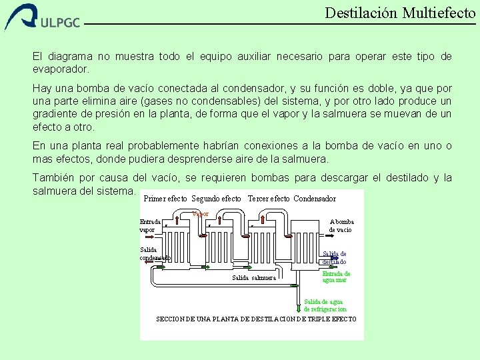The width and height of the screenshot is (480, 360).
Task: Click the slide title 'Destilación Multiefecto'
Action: tap(400, 13)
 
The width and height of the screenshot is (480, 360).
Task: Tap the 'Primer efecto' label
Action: tap(165, 199)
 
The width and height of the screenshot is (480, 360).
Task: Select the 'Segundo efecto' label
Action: tap(216, 199)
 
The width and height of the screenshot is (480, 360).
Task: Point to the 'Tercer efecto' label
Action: tap(268, 199)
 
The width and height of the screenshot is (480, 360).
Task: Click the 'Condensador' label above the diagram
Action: tap(315, 199)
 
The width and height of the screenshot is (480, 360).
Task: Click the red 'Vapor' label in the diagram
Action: tap(200, 214)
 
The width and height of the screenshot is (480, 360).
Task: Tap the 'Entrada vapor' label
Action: tap(149, 225)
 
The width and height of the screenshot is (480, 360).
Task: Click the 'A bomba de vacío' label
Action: tap(341, 225)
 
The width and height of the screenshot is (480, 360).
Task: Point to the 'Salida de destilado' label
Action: tap(334, 257)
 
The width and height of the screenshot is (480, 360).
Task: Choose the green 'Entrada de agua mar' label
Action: tap(336, 277)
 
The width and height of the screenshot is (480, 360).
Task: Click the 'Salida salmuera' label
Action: tap(253, 277)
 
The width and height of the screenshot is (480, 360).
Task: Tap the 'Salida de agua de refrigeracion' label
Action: tap(325, 305)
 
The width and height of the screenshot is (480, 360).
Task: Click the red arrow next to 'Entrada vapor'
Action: tap(175, 222)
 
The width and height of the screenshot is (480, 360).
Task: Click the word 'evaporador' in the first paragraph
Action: tap(59, 69)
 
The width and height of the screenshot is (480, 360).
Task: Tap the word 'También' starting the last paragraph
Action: tap(53, 178)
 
